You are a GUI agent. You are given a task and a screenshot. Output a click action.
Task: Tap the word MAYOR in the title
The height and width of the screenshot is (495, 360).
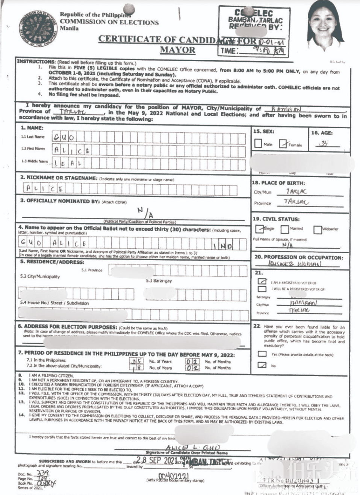[x=177, y=50]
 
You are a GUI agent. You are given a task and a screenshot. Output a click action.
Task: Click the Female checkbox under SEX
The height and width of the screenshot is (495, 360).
[x=283, y=144]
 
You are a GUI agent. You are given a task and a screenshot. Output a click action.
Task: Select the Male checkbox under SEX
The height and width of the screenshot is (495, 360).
[x=258, y=144]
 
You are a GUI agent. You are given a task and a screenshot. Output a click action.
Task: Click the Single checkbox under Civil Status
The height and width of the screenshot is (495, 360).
[x=259, y=229]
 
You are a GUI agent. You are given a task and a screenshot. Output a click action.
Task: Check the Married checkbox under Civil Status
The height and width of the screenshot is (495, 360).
[x=284, y=229]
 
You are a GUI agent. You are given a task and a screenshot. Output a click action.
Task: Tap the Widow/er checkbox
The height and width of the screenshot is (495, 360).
[x=318, y=229]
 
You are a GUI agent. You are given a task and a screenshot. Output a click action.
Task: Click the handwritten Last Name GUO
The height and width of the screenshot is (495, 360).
[x=64, y=137]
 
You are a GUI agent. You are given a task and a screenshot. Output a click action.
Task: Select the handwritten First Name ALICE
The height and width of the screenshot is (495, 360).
[x=72, y=150]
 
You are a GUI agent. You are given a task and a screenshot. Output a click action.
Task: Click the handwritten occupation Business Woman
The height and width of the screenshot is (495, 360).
[x=295, y=264]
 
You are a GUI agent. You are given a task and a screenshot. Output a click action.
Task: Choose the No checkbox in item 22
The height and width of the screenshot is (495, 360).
[x=262, y=365]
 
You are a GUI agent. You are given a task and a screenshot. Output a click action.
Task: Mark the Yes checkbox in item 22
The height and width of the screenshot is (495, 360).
[x=262, y=354]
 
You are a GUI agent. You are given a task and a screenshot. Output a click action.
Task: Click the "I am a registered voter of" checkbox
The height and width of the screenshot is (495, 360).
[x=262, y=281]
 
